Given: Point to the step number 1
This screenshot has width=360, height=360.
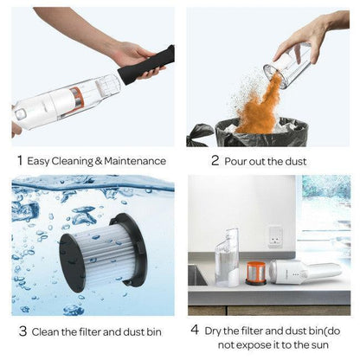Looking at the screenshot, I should (19, 159).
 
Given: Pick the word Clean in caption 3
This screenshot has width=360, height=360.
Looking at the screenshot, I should (49, 331).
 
